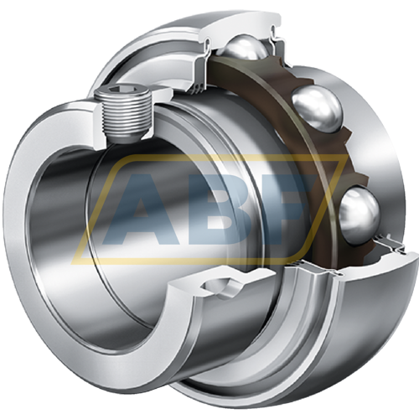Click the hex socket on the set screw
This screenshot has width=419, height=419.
coord(122,90)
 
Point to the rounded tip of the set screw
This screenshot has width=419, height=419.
coord(125,138)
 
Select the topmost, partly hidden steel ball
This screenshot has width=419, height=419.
coord(246,48)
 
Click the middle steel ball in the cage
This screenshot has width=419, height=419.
coord(318,109)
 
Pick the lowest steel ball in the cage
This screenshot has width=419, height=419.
coord(360,215)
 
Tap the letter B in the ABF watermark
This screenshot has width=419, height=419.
coord(224,209)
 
